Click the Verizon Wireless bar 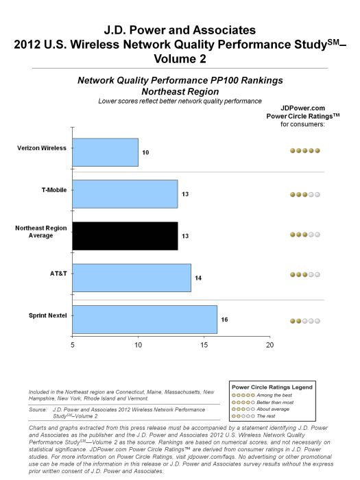point(105,152)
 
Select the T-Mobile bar point(125,194)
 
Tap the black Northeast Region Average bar point(125,236)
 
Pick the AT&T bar point(132,278)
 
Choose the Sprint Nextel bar point(145,320)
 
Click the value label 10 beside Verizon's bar point(145,152)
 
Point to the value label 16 point(225,320)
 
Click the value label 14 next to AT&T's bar point(198,278)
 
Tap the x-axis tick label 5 point(72,345)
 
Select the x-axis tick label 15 point(204,345)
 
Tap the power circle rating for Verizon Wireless point(304,150)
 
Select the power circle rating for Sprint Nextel point(304,320)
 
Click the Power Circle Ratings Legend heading point(271,387)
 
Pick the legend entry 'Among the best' point(272,395)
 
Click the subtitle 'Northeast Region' point(180,91)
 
